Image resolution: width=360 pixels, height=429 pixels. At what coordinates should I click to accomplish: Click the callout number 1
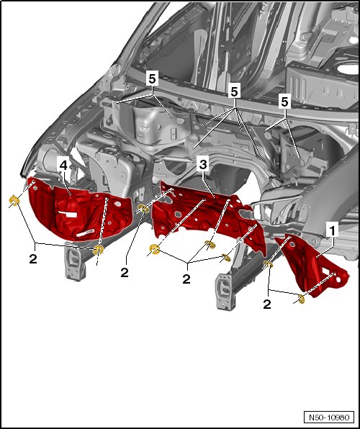coord(332,232)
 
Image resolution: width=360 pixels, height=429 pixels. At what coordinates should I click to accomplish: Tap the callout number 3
coord(203,164)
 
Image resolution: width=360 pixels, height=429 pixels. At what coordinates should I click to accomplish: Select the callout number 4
coord(63,166)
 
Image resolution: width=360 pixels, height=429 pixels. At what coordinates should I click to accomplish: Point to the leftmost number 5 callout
coord(152,79)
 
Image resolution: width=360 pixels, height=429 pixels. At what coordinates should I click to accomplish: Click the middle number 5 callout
coord(234,91)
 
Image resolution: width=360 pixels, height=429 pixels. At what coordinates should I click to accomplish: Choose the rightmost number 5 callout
coord(285,102)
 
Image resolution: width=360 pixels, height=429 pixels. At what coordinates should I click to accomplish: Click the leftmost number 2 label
coord(33,258)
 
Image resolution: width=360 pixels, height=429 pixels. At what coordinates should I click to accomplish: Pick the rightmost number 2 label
coord(267,304)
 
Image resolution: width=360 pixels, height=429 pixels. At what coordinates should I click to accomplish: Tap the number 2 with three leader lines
coord(186,279)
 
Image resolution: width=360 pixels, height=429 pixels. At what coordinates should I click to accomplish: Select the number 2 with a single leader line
coord(125,273)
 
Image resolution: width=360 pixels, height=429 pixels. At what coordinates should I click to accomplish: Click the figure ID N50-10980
coord(329,417)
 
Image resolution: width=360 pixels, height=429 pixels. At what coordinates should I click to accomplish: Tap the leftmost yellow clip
coord(14,201)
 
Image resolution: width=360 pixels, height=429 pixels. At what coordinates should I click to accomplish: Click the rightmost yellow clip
coord(301,299)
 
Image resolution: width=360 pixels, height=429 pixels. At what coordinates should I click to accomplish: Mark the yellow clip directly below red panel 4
coord(99,250)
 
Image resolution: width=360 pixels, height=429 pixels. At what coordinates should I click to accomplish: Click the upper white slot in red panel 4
coord(68,214)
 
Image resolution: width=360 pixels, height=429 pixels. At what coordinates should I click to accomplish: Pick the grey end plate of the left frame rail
coord(73,261)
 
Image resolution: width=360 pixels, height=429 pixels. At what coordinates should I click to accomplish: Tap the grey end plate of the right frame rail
coord(225,292)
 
